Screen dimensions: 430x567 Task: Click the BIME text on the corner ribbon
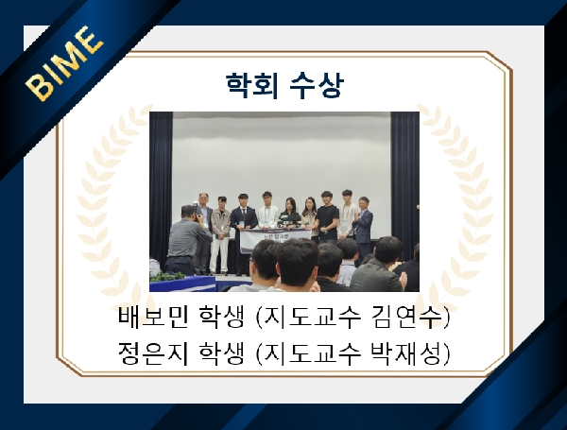tap(64, 64)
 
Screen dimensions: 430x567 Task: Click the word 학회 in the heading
tap(248, 86)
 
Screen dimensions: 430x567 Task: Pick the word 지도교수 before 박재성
tap(331, 352)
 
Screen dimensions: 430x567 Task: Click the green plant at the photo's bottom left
tap(168, 277)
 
